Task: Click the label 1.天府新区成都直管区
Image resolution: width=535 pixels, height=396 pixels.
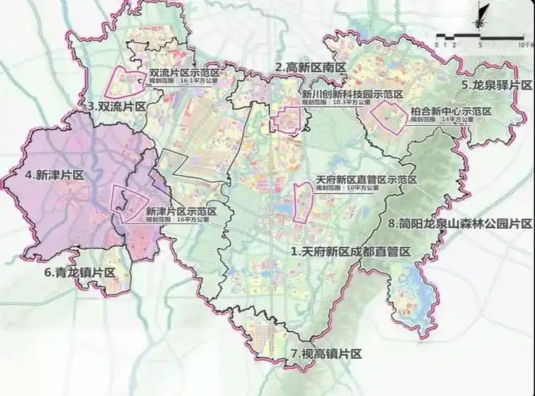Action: point(351,252)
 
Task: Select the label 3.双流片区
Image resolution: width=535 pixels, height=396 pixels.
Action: point(118,105)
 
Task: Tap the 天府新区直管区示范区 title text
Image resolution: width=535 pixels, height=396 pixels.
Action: point(354,180)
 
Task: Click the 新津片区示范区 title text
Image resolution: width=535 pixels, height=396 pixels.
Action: point(181,212)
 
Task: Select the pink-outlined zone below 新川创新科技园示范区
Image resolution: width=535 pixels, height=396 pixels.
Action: point(286,120)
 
